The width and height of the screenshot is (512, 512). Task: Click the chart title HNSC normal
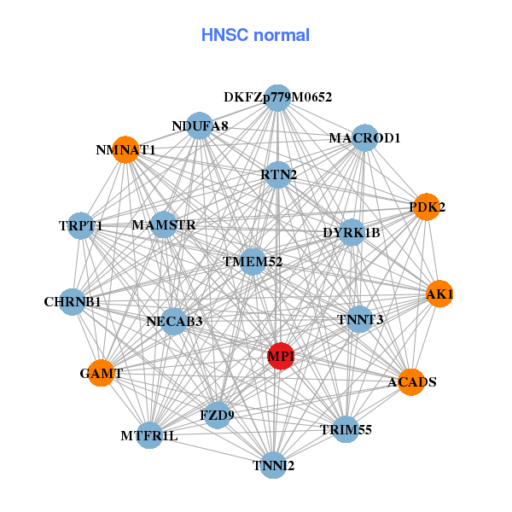click(x=255, y=35)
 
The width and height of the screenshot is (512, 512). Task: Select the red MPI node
click(x=282, y=355)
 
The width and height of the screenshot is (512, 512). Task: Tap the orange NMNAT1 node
click(x=125, y=149)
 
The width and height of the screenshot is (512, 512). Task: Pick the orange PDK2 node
click(x=426, y=207)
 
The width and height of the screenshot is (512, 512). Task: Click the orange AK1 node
click(x=439, y=294)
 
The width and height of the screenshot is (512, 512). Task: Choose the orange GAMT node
click(x=102, y=373)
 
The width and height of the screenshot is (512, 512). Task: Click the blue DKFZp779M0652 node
click(x=276, y=97)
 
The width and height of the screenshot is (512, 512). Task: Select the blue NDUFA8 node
click(x=200, y=126)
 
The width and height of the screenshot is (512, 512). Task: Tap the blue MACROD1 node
click(x=364, y=137)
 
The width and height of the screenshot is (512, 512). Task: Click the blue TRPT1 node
click(x=80, y=225)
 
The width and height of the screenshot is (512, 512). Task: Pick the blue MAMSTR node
click(x=164, y=225)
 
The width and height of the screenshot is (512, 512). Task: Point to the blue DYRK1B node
click(x=352, y=232)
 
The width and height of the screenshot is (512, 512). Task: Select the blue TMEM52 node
click(x=253, y=261)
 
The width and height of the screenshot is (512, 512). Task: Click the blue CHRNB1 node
click(x=73, y=301)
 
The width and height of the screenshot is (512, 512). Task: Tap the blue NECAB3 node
click(x=174, y=321)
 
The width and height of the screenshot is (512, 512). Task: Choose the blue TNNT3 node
click(x=360, y=319)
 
